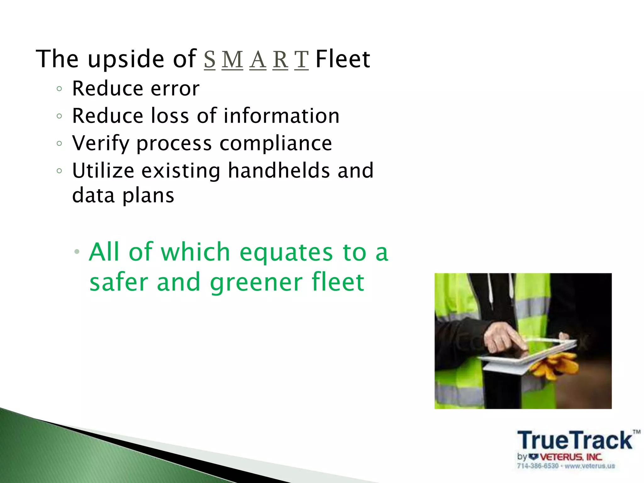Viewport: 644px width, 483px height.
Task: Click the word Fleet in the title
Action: tap(343, 59)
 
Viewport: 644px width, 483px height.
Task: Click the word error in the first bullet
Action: tap(175, 89)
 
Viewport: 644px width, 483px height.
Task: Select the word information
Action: tap(281, 116)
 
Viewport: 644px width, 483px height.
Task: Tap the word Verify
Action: tap(101, 144)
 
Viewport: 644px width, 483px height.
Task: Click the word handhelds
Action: tap(279, 171)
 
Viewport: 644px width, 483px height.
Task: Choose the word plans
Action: tap(148, 196)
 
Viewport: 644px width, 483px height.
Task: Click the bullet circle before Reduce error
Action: tap(59, 89)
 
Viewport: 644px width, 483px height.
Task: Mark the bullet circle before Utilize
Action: tap(59, 171)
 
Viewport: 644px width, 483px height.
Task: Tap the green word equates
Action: tap(286, 253)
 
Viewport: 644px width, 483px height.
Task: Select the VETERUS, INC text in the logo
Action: tap(571, 457)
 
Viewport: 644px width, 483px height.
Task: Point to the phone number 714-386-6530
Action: tap(538, 466)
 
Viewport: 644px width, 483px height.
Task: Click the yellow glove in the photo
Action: tap(557, 365)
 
